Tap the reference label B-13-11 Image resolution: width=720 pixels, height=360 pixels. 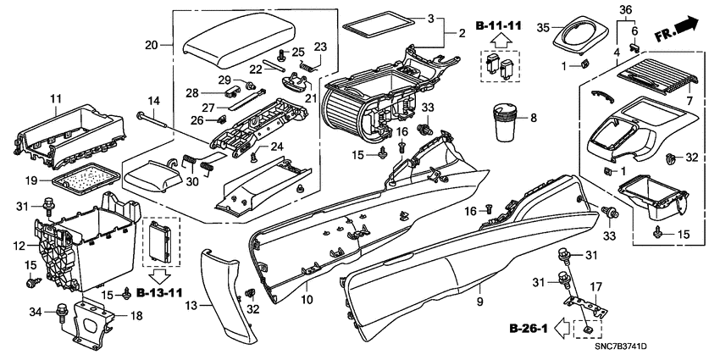(158, 293)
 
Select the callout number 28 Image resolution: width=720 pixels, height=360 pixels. (192, 92)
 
